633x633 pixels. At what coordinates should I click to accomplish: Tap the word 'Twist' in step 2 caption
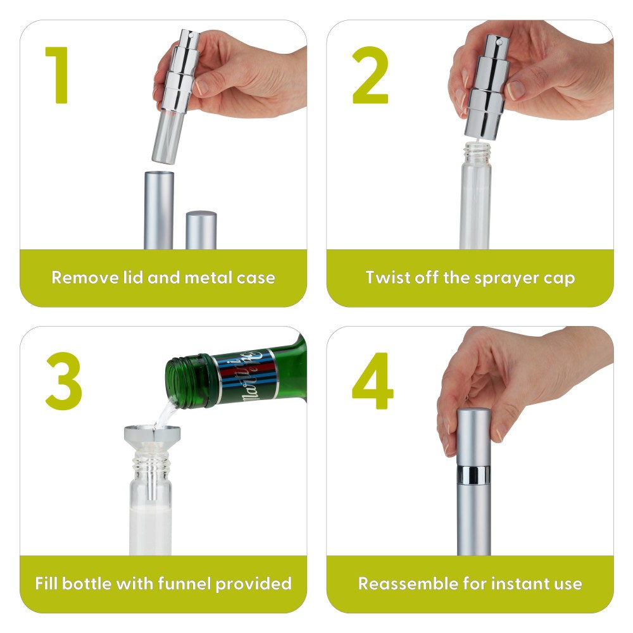(387, 277)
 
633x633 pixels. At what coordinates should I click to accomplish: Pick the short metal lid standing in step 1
(201, 230)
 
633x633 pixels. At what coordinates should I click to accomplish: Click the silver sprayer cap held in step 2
(486, 89)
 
